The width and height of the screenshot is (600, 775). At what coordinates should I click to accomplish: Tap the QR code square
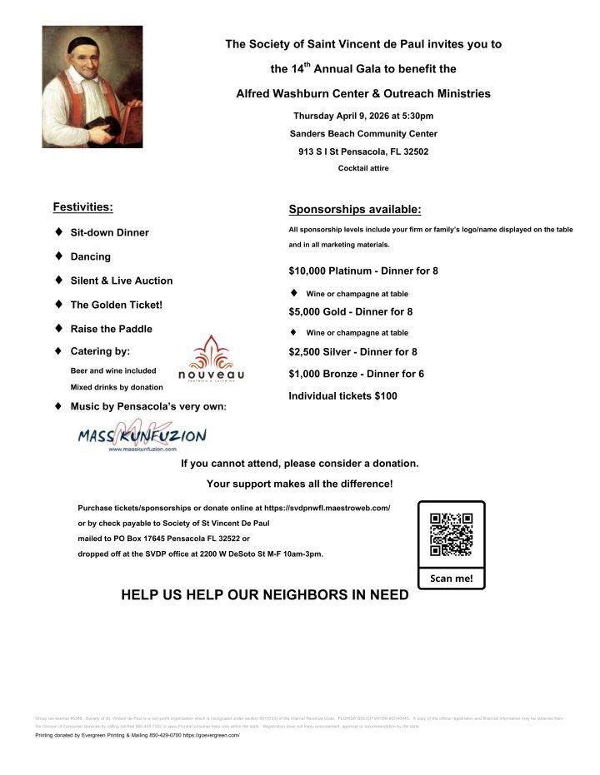(451, 535)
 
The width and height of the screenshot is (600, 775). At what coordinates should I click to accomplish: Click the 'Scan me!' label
(451, 578)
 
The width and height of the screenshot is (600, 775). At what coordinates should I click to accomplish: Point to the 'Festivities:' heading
(82, 206)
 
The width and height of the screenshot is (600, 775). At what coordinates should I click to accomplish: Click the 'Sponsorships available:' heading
(354, 209)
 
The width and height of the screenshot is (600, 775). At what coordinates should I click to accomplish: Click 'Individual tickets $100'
(342, 396)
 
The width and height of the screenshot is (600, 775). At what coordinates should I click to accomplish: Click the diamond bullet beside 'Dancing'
(58, 256)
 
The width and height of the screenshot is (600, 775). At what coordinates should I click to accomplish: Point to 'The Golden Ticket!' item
(116, 305)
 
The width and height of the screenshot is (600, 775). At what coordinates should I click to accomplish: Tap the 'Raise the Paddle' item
(111, 329)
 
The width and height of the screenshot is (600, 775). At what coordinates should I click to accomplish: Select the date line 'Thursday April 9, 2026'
(362, 116)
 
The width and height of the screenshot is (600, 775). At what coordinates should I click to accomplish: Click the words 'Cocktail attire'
(362, 168)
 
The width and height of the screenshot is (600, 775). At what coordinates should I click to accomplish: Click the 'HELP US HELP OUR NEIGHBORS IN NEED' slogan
(265, 595)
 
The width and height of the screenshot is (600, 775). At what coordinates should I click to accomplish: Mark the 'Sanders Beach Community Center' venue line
(363, 134)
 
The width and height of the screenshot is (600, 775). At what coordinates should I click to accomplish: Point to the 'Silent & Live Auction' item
(122, 281)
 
